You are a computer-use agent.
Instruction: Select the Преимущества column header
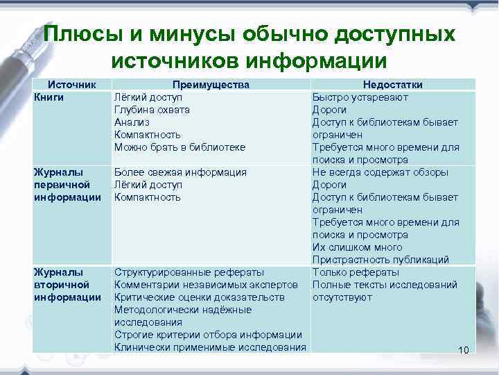click(x=211, y=85)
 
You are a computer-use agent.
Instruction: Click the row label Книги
click(x=49, y=97)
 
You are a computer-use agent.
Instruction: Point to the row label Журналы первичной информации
click(x=62, y=185)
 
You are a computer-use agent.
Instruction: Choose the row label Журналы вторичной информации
click(x=62, y=285)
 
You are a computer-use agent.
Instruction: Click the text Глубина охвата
click(x=152, y=110)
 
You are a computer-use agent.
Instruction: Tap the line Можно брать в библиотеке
click(x=180, y=147)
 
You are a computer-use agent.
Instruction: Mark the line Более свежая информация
click(x=180, y=172)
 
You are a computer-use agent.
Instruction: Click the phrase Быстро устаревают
click(x=360, y=97)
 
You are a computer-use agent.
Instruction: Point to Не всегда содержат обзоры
click(x=380, y=172)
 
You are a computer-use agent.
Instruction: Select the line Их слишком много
click(x=357, y=247)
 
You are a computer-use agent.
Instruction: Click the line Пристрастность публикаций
click(x=380, y=260)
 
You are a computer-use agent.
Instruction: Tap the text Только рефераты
click(x=356, y=272)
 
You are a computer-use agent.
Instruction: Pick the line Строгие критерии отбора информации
click(x=207, y=335)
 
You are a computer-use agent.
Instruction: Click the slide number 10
click(x=464, y=349)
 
